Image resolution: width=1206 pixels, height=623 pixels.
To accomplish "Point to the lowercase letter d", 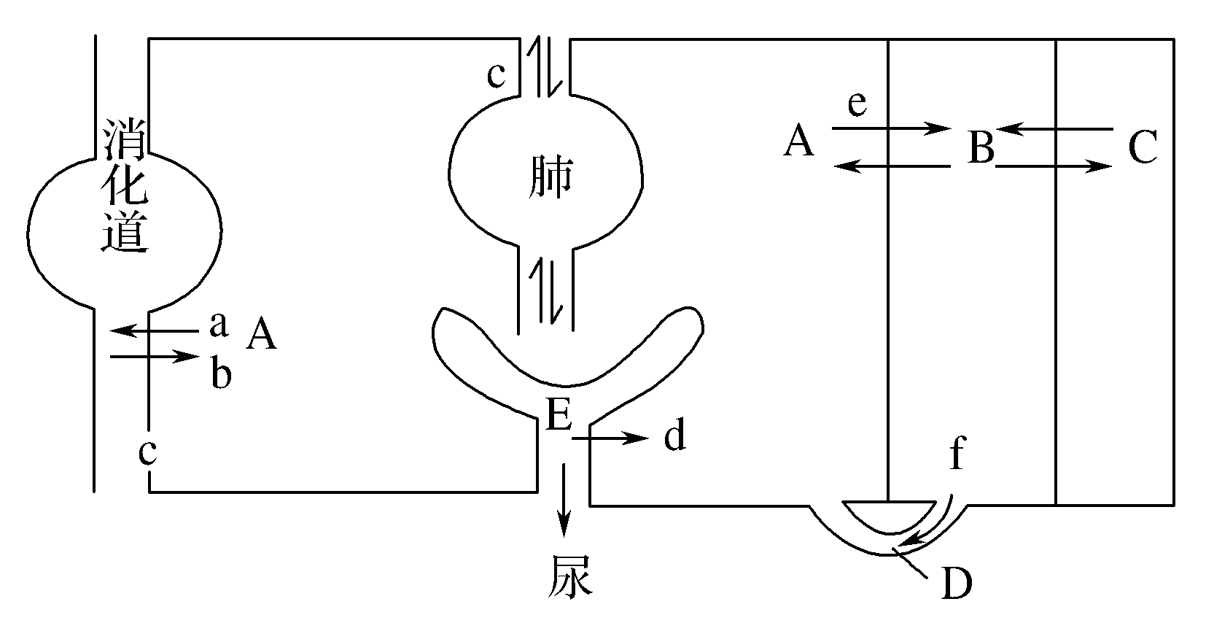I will point(674,436).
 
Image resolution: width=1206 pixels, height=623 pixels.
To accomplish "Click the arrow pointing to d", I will point(610,438).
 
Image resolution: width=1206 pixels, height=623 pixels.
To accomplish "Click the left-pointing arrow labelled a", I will point(154,331).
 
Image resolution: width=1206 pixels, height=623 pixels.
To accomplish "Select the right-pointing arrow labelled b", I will point(154,357).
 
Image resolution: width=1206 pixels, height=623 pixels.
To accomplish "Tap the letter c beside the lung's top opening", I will point(497,75).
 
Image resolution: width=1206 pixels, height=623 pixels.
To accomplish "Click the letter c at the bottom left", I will point(148,452).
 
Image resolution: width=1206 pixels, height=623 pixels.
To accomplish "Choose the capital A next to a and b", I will point(261,335).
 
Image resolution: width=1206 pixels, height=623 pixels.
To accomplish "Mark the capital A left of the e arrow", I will point(799,141).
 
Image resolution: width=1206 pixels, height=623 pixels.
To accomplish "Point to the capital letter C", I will point(1143,148).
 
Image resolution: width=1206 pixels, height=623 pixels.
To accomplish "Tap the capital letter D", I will point(957,583).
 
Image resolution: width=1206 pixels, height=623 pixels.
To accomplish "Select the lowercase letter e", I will point(857,104).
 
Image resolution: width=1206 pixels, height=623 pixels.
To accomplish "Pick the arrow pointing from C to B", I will point(1054,130).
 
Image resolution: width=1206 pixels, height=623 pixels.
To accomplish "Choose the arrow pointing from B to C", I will point(1054,167).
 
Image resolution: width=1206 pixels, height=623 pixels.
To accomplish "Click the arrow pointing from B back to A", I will point(891,167).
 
